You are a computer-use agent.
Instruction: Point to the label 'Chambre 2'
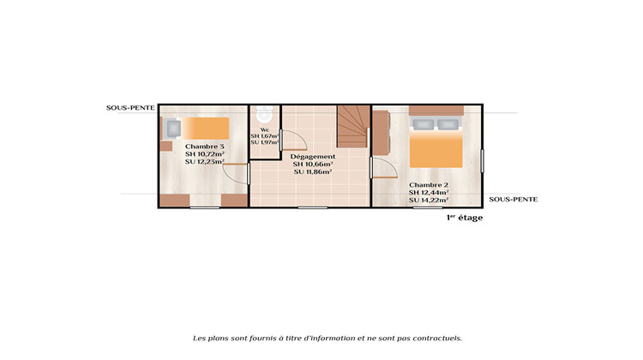click(x=429, y=185)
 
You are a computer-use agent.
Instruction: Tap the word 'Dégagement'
click(x=312, y=156)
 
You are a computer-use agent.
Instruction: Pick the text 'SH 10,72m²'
click(x=205, y=154)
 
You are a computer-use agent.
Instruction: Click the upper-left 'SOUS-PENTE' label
click(x=130, y=109)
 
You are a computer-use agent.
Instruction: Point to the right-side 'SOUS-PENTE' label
click(x=513, y=199)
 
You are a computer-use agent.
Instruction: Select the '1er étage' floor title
click(x=465, y=218)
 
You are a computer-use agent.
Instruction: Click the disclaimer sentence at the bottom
click(x=328, y=338)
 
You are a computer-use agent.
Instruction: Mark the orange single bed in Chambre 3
click(x=204, y=129)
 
